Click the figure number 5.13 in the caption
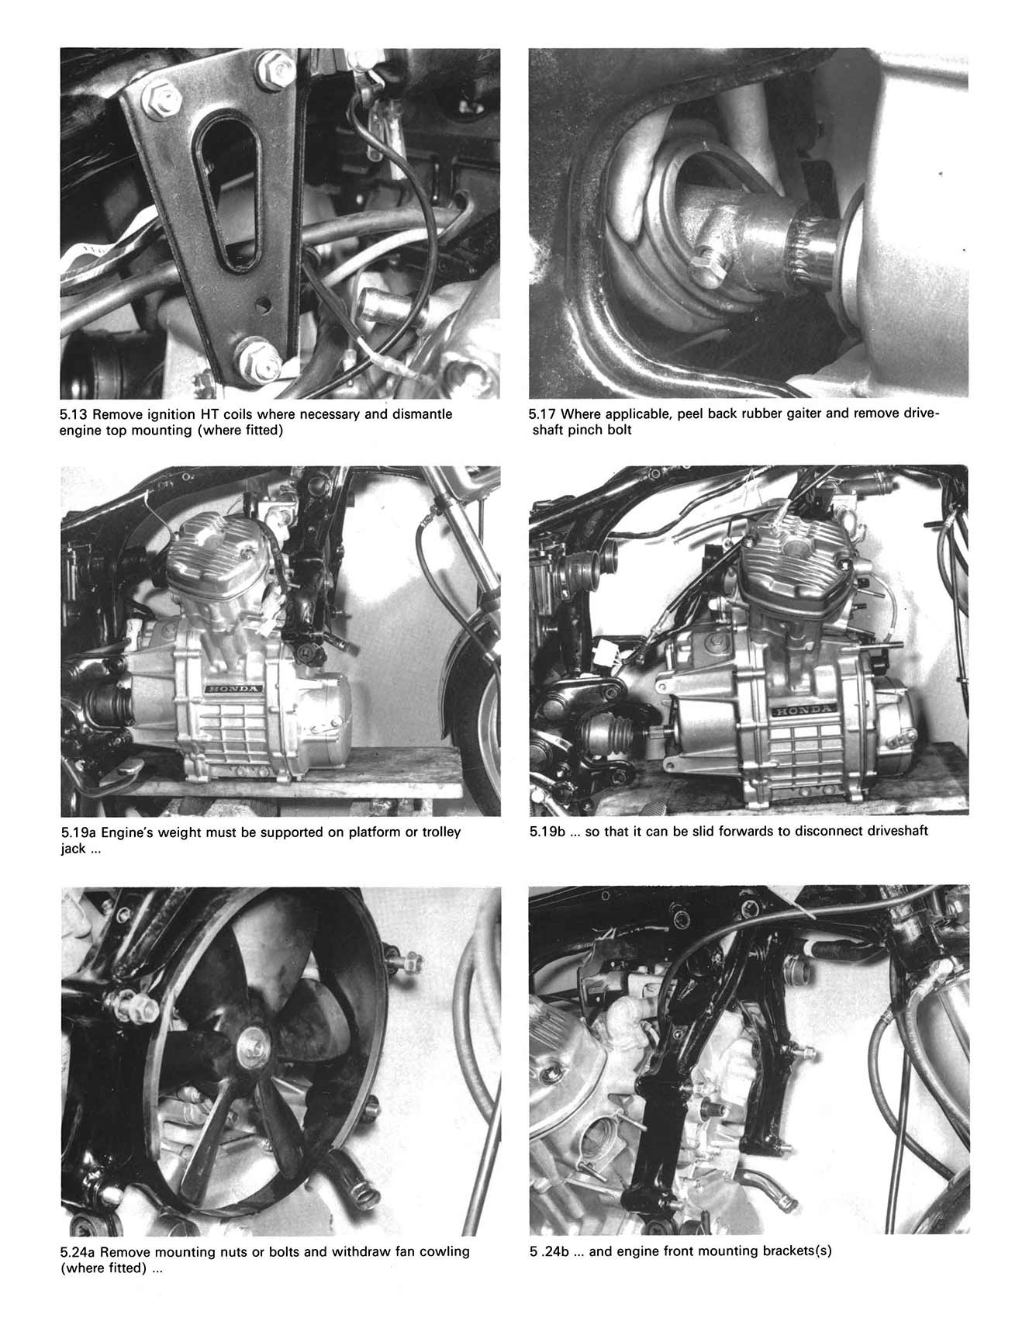74,414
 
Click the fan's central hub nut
254,1037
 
